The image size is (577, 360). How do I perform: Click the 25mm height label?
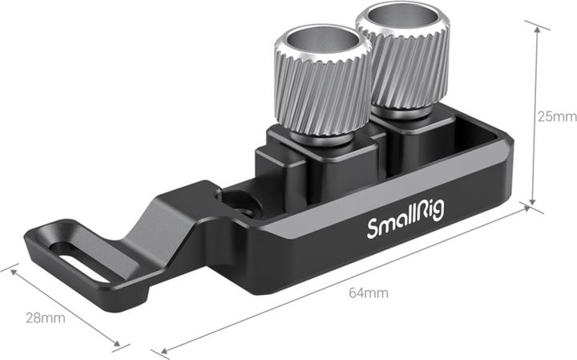tap(557, 116)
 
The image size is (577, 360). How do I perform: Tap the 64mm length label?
tap(369, 293)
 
